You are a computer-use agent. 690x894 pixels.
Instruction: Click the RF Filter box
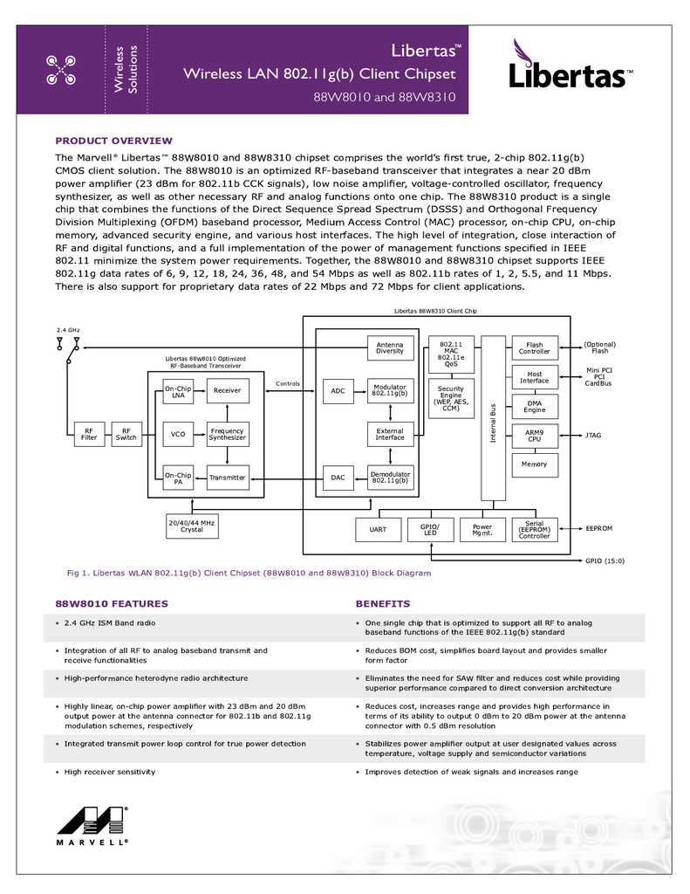[x=90, y=435]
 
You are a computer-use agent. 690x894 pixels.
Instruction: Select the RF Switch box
[x=126, y=435]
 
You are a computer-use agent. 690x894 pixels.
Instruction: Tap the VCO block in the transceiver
[x=178, y=435]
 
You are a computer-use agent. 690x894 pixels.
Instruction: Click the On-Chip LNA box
[x=178, y=392]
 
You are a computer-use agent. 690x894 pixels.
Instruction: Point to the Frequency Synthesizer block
[x=228, y=435]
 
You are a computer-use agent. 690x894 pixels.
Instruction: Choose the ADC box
[x=338, y=391]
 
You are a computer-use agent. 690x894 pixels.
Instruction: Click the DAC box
[x=338, y=478]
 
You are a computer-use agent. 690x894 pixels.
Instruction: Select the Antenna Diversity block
[x=390, y=347]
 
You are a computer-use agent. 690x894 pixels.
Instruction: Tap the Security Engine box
[x=451, y=398]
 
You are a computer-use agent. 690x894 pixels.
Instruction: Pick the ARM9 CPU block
[x=535, y=437]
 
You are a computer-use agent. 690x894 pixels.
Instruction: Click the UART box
[x=378, y=530]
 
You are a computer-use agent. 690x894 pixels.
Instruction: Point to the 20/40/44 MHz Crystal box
[x=192, y=526]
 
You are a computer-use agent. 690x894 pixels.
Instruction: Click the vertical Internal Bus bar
[x=494, y=418]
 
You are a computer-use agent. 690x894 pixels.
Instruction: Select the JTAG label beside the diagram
[x=593, y=436]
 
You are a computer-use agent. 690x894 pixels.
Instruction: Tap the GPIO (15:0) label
[x=605, y=561]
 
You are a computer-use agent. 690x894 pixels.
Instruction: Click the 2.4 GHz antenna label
[x=68, y=330]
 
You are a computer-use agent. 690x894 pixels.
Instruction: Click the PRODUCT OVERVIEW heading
[x=113, y=141]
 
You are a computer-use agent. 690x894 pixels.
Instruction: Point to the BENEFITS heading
[x=383, y=604]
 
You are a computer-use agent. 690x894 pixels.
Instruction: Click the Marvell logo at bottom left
[x=92, y=826]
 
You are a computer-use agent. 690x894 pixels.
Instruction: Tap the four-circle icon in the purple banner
[x=61, y=70]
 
